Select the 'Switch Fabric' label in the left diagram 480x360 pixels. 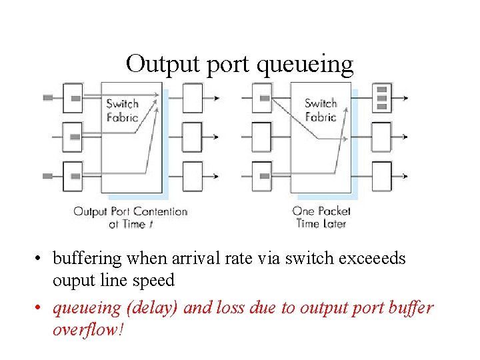point(122,110)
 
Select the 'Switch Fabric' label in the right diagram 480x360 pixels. point(321,110)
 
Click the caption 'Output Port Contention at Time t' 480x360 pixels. point(130,217)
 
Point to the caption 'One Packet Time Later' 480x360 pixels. point(321,217)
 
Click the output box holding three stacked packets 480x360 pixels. point(381,98)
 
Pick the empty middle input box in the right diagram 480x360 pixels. point(262,137)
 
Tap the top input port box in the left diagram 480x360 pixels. point(72,98)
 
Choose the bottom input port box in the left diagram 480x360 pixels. point(72,175)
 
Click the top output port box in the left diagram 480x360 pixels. point(192,98)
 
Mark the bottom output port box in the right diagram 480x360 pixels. point(381,175)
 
